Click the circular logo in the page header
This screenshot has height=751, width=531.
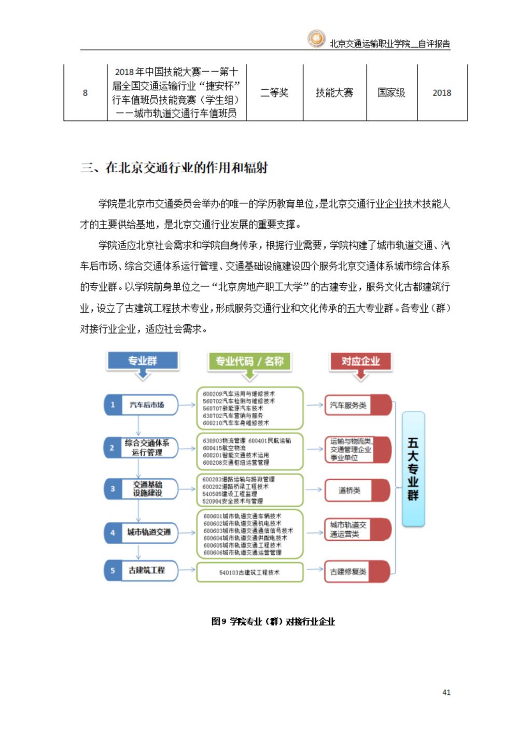(316, 39)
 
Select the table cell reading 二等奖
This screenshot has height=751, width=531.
(274, 93)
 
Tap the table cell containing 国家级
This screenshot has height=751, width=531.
(392, 93)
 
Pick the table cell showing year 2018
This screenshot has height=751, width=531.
(442, 93)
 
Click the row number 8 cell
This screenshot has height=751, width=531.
(85, 93)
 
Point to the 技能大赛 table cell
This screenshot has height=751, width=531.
(334, 93)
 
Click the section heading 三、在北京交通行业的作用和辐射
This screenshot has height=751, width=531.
(174, 168)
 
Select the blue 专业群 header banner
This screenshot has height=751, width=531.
(143, 361)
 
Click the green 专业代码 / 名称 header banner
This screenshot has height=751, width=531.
(249, 361)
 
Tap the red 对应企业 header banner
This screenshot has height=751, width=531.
(360, 361)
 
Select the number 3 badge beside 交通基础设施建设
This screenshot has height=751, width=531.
(113, 489)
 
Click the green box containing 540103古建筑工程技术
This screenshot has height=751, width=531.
(249, 572)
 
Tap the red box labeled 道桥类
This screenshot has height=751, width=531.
(357, 490)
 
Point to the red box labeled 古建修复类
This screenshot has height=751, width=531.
(357, 572)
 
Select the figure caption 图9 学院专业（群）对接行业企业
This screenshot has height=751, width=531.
(273, 621)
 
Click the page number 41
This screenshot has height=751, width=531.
(446, 692)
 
